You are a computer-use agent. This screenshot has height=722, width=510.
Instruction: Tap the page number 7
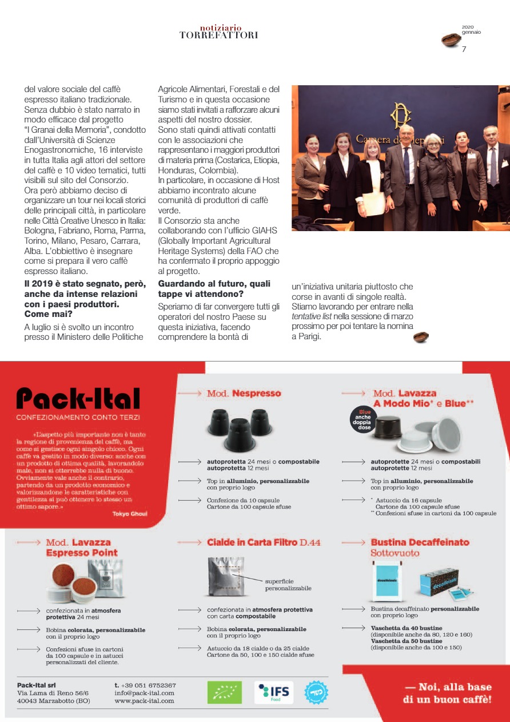(464, 49)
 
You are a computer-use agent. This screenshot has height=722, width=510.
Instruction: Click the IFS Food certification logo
(274, 692)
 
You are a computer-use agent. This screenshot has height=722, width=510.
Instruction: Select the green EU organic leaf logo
(224, 692)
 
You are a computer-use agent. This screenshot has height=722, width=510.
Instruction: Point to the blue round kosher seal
(316, 692)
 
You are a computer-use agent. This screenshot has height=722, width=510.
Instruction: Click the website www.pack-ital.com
(144, 701)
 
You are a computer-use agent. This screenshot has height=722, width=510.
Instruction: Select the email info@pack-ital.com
(144, 693)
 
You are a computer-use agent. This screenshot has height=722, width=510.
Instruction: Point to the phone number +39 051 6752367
(145, 685)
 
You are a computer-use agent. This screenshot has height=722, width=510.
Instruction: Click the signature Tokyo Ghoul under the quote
(130, 514)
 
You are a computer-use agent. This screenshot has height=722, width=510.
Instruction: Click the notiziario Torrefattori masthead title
(219, 31)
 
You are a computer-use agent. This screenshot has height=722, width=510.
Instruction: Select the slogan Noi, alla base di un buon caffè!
(448, 693)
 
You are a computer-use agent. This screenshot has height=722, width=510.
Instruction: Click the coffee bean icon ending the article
(421, 337)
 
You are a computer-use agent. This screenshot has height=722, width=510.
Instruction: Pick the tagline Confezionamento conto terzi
(78, 418)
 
